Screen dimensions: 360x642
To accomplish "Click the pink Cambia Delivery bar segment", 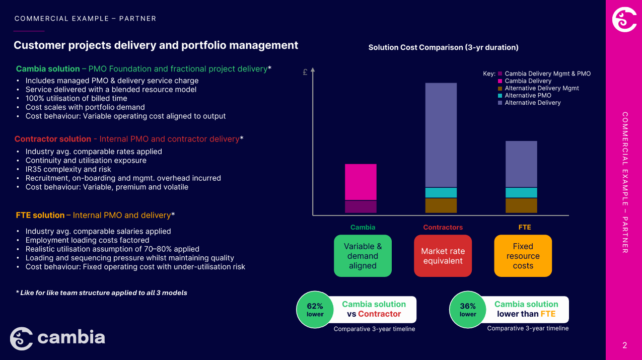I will click(x=361, y=182).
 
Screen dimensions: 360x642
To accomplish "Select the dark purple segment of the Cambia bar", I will click(x=361, y=206).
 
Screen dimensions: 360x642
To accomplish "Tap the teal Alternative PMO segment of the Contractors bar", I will click(x=441, y=192).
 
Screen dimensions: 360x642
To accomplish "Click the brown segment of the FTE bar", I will click(x=521, y=205).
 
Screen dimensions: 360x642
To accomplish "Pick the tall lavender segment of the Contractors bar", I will click(x=441, y=135).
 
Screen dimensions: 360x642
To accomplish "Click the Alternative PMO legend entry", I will click(x=528, y=95).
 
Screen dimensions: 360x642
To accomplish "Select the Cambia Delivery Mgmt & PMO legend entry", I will click(x=547, y=74).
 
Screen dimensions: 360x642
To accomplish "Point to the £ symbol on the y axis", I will click(x=305, y=72).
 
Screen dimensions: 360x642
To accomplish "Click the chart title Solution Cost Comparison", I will click(x=443, y=47).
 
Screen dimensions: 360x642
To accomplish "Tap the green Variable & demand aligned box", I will click(x=363, y=256).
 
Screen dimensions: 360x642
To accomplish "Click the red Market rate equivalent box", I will click(x=443, y=256).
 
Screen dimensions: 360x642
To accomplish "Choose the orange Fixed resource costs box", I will click(x=523, y=256).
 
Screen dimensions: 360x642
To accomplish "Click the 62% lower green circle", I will click(x=315, y=310).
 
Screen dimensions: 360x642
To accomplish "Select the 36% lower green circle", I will click(x=467, y=310).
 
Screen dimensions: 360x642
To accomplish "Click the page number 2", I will click(x=624, y=345).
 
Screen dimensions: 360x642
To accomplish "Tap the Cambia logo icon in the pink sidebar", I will click(x=624, y=19).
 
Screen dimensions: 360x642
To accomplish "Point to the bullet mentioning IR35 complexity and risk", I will click(x=68, y=169).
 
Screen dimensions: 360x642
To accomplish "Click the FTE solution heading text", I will click(x=40, y=215).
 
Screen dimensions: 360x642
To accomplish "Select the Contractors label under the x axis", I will click(x=443, y=227).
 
